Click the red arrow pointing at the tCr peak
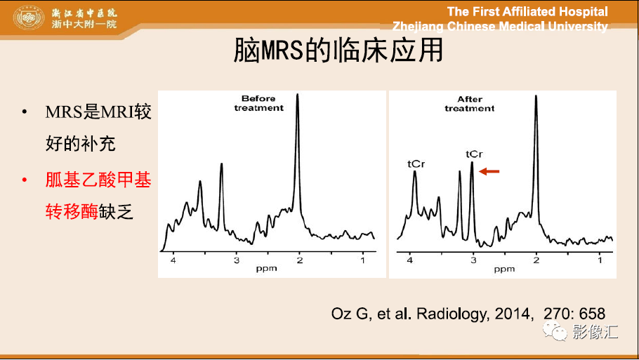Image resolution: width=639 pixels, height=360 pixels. (x=489, y=171)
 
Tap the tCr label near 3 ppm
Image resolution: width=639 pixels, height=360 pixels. (x=474, y=154)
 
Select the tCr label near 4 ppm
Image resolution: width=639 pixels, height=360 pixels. (x=416, y=164)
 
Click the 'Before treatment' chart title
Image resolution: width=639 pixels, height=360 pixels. (x=259, y=103)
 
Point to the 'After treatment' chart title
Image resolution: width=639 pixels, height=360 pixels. (x=470, y=104)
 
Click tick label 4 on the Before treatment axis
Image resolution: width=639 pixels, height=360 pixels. (x=173, y=260)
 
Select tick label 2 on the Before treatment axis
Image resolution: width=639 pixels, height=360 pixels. (x=300, y=260)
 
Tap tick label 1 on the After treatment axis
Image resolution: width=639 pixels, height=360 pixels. (x=600, y=260)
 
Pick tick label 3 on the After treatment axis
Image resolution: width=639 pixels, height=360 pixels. (x=473, y=260)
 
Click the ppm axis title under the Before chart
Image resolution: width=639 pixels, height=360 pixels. (x=267, y=269)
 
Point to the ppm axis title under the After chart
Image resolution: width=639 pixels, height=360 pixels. (x=504, y=269)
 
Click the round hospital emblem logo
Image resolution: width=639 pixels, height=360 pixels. (x=29, y=18)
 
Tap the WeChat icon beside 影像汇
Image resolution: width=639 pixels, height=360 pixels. (x=554, y=331)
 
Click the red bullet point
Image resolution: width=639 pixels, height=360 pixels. (x=25, y=180)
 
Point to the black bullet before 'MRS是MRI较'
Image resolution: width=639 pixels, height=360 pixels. (x=25, y=112)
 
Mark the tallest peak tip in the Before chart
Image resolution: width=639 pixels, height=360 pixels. (x=298, y=94)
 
